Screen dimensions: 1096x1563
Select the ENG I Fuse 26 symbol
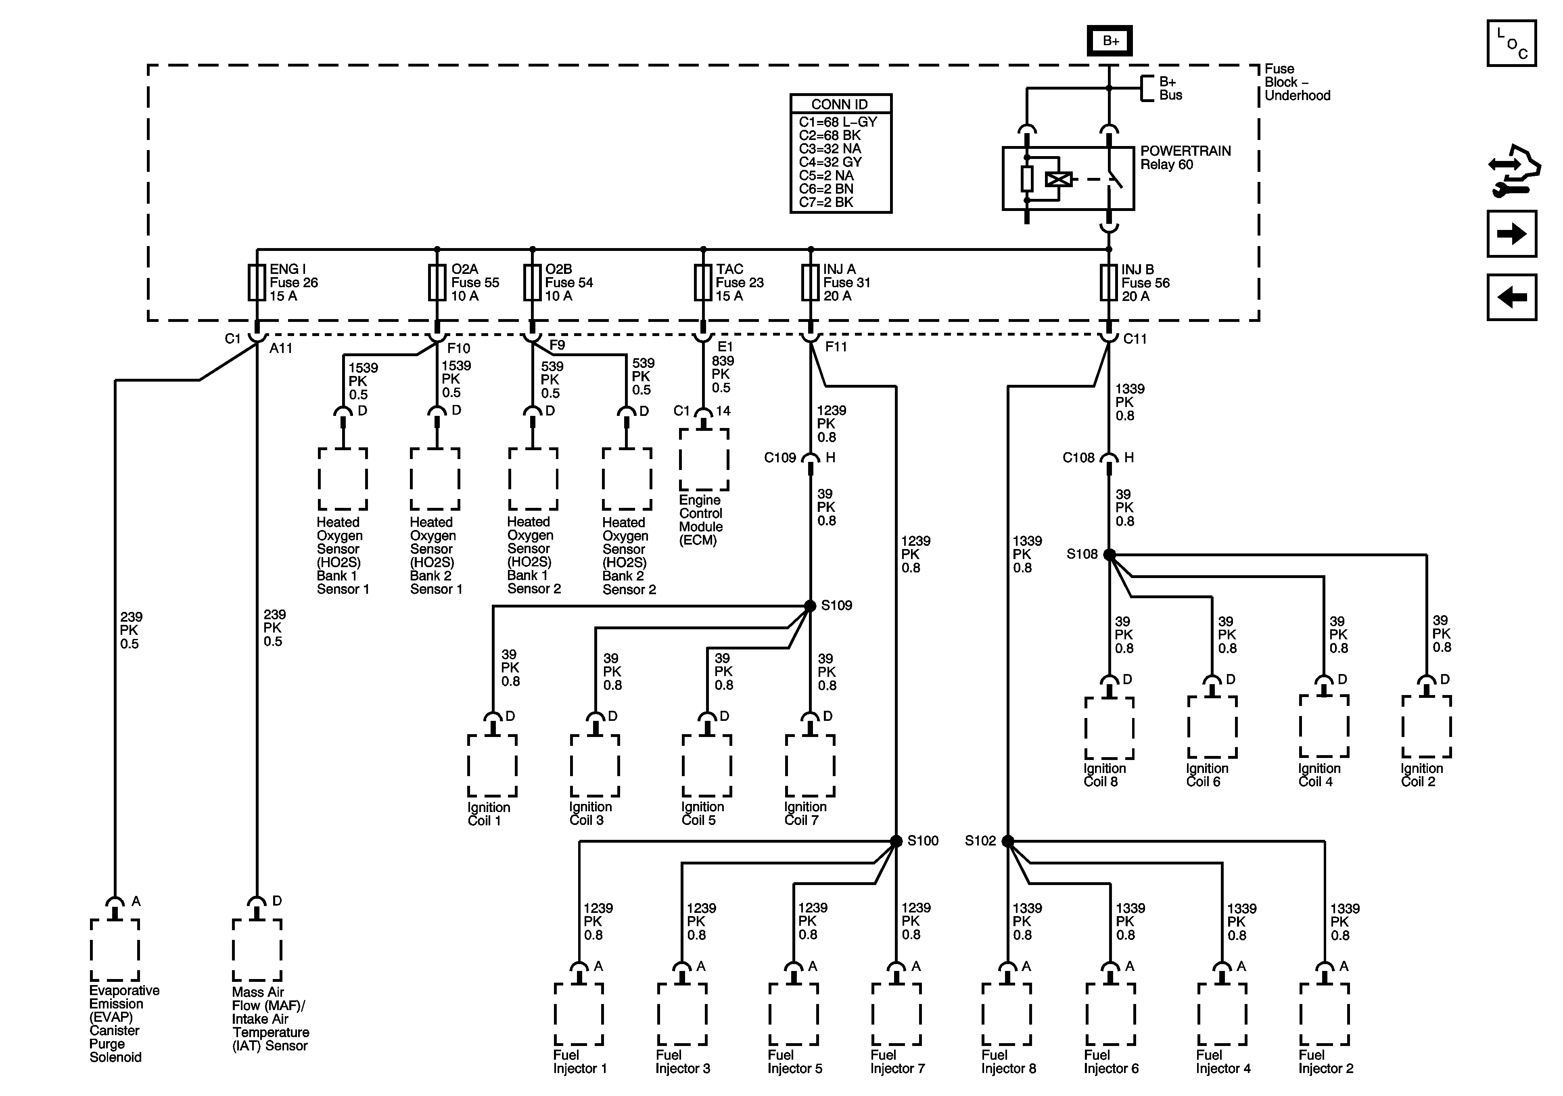click(x=257, y=282)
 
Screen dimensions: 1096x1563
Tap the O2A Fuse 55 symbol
click(x=437, y=282)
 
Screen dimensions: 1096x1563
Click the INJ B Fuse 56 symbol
click(x=1109, y=282)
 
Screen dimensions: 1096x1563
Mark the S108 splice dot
click(x=1110, y=555)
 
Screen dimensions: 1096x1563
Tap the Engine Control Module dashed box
click(x=704, y=459)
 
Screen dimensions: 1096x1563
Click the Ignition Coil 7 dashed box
click(x=810, y=766)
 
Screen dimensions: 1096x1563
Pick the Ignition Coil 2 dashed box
click(x=1426, y=727)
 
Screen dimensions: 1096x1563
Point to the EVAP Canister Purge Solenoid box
click(x=115, y=950)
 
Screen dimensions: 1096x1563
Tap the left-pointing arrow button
click(x=1511, y=297)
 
